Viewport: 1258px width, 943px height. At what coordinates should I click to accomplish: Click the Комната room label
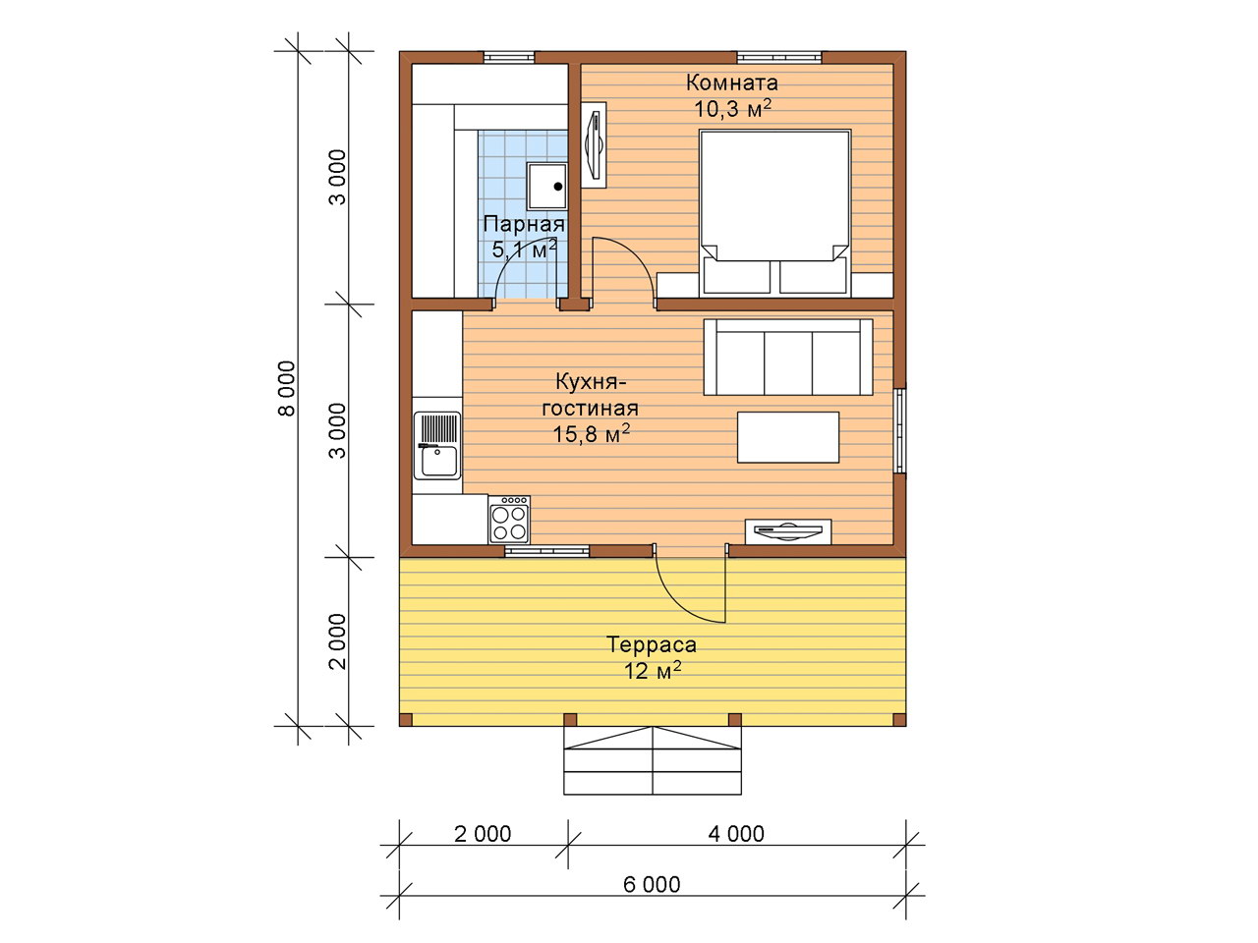(732, 83)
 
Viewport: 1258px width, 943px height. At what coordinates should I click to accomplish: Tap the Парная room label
(524, 224)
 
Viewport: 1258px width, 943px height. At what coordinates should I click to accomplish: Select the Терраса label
(652, 644)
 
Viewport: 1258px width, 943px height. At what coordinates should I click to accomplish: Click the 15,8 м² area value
(592, 434)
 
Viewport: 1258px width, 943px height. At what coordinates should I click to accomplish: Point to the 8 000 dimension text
(287, 388)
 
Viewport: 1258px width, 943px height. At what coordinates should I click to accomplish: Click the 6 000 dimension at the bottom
(652, 885)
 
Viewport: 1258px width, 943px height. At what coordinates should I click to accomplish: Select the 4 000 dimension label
(736, 834)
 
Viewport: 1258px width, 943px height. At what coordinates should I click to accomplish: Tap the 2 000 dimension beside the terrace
(339, 641)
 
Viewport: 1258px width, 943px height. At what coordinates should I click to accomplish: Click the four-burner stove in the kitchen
(509, 520)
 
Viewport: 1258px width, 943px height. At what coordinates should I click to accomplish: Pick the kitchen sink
(437, 445)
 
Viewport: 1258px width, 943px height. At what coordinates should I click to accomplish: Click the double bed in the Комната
(774, 213)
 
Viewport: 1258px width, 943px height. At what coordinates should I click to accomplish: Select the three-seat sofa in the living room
(788, 358)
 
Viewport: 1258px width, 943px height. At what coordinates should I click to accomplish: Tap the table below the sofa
(788, 437)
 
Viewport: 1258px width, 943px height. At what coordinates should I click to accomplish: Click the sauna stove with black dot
(547, 187)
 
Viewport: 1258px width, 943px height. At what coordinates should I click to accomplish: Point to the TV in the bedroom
(594, 144)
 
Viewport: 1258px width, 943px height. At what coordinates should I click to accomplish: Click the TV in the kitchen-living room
(788, 531)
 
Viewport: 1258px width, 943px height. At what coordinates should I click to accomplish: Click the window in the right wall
(900, 431)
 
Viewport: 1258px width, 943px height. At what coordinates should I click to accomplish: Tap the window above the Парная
(509, 57)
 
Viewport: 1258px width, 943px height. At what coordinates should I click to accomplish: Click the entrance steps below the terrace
(653, 761)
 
